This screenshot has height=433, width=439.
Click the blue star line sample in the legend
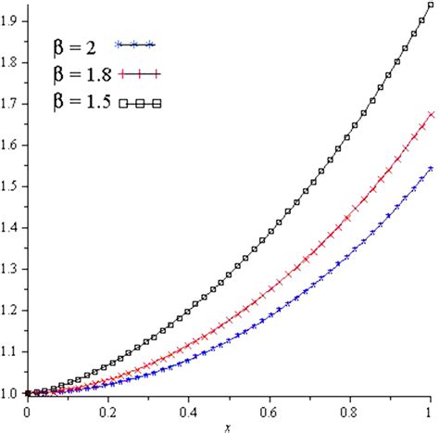coord(135,44)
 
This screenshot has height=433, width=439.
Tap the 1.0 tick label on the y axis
coord(10,394)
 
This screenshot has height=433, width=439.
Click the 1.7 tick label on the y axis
coord(10,103)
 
